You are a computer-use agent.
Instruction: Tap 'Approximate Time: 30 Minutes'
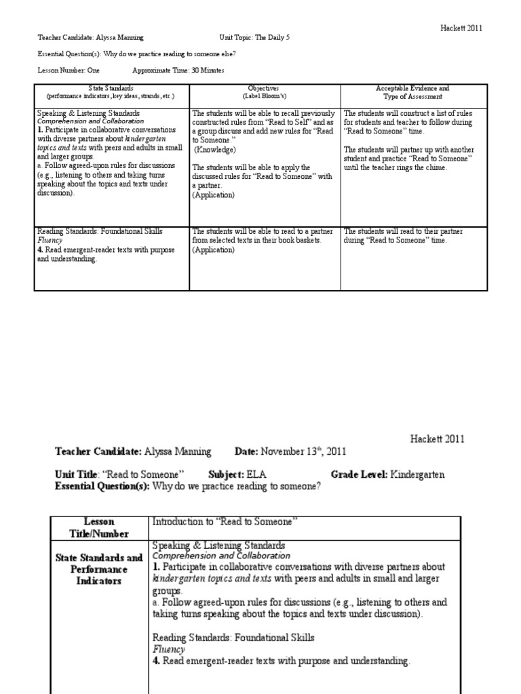pyautogui.click(x=178, y=70)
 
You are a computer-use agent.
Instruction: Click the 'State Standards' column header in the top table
pyautogui.click(x=111, y=89)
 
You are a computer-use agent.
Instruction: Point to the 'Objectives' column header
pyautogui.click(x=265, y=89)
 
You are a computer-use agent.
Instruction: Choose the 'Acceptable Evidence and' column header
pyautogui.click(x=412, y=89)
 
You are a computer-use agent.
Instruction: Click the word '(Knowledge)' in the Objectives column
pyautogui.click(x=216, y=149)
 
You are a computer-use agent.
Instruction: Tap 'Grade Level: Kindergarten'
pyautogui.click(x=387, y=474)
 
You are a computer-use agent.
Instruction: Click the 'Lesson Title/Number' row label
pyautogui.click(x=99, y=527)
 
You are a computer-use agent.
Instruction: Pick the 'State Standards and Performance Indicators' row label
pyautogui.click(x=99, y=569)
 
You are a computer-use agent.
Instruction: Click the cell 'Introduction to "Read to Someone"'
pyautogui.click(x=225, y=521)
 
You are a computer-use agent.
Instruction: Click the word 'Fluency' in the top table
pyautogui.click(x=50, y=240)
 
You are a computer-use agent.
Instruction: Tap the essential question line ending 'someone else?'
pyautogui.click(x=137, y=54)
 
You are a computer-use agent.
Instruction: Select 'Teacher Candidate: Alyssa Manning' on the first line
pyautogui.click(x=90, y=38)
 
